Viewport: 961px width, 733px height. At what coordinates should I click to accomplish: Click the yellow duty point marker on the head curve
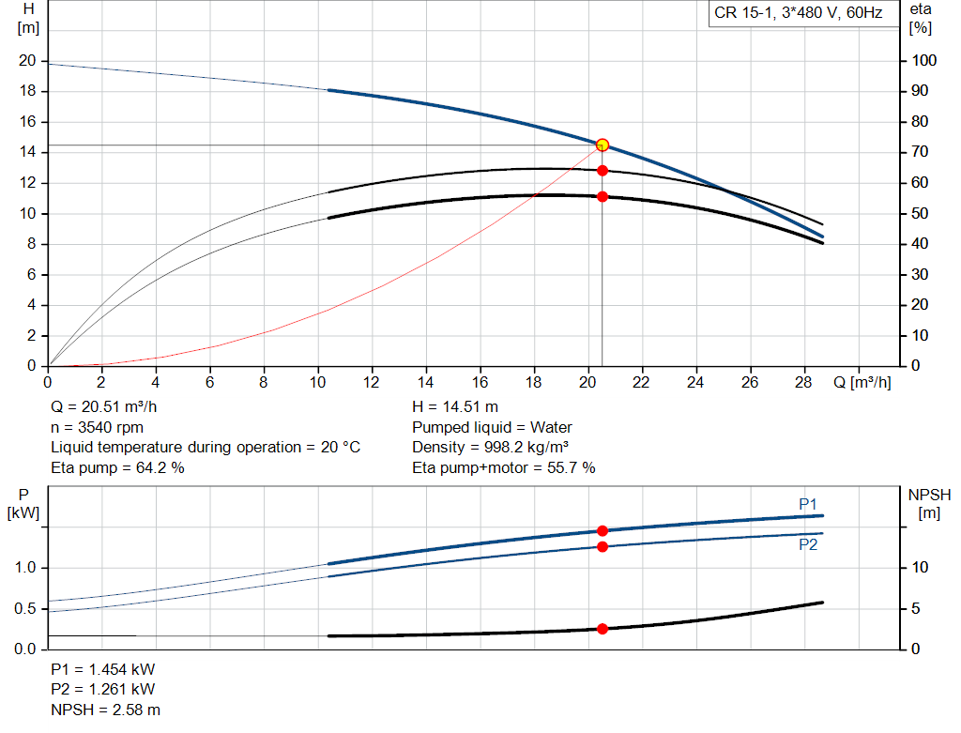tap(603, 145)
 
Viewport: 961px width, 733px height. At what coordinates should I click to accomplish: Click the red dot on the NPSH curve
tap(603, 629)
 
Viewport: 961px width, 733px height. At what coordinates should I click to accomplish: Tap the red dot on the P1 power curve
tap(603, 531)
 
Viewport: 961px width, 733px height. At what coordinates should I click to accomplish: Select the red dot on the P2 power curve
tap(603, 546)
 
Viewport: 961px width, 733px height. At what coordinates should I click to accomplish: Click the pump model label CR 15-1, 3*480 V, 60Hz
tap(799, 14)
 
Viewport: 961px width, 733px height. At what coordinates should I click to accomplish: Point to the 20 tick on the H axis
tap(27, 61)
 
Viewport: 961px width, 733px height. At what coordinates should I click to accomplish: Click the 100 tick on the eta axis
tap(924, 61)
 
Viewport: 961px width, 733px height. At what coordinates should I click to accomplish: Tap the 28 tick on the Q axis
tap(804, 382)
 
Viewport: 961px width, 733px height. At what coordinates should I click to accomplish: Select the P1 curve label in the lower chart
tap(808, 504)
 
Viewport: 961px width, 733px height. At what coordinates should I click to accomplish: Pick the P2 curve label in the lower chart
tap(808, 544)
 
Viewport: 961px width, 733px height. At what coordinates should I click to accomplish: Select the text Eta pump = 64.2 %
tap(117, 467)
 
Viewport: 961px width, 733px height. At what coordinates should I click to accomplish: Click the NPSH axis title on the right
tap(929, 503)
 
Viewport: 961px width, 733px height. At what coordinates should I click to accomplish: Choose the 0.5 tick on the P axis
tap(26, 609)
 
